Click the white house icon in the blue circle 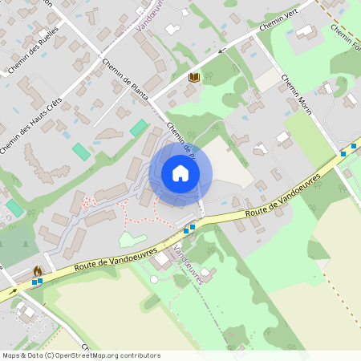[180, 173]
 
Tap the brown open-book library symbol [193, 77]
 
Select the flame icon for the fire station [37, 271]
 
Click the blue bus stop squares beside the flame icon [37, 282]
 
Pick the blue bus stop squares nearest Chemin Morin [347, 149]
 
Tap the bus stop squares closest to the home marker [189, 229]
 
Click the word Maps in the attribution [12, 355]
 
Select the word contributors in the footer [140, 355]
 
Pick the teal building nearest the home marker [139, 128]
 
